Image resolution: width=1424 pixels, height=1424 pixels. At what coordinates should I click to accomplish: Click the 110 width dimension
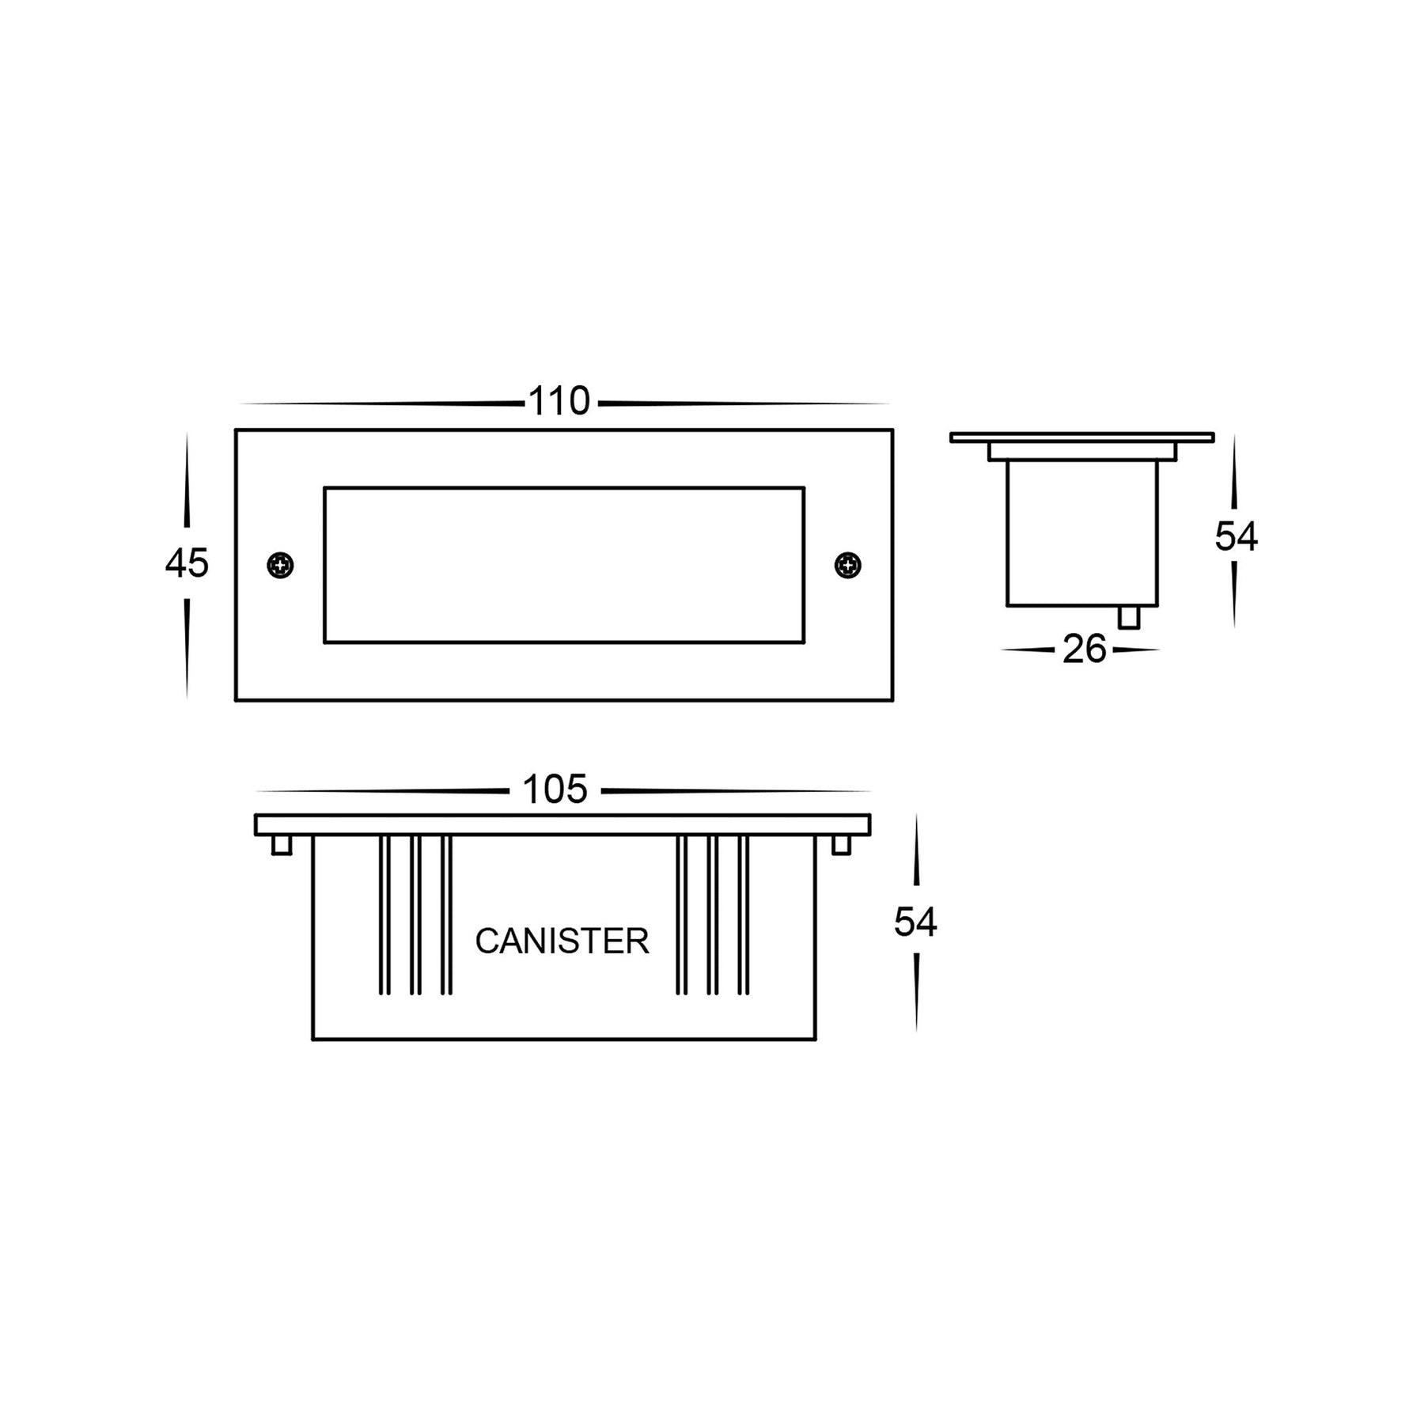tap(559, 402)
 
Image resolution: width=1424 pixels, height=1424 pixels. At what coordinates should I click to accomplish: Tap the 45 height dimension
tap(187, 563)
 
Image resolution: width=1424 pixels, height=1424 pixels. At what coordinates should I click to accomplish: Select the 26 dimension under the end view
tap(1084, 650)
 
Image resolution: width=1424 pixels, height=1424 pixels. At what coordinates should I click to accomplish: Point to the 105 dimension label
tap(555, 790)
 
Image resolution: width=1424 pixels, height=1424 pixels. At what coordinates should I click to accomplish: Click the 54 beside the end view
tap(1236, 538)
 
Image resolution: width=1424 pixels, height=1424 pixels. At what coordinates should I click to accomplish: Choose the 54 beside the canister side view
tap(915, 922)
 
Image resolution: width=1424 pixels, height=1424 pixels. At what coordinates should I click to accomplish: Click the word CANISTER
tap(562, 941)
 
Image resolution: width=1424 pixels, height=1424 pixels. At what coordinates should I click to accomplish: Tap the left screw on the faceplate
tap(280, 565)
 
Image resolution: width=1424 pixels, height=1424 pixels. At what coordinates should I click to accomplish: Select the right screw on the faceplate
tap(848, 565)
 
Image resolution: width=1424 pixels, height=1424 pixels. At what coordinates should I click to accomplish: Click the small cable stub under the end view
tap(1129, 617)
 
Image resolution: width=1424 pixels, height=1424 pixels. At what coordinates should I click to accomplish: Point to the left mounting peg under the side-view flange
tap(282, 845)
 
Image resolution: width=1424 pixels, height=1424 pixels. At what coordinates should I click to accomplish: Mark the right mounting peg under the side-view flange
tap(842, 845)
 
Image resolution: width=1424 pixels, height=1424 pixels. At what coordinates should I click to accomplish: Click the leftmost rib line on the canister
tap(384, 914)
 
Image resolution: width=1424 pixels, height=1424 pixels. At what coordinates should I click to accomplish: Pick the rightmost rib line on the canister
tap(743, 914)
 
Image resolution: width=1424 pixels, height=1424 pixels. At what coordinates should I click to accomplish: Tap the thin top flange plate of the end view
tap(1081, 437)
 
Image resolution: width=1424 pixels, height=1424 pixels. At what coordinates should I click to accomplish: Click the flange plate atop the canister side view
tap(562, 824)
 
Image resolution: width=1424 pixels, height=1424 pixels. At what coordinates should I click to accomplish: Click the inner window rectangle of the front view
tap(563, 565)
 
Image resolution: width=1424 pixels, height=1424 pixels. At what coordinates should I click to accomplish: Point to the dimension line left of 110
tap(380, 403)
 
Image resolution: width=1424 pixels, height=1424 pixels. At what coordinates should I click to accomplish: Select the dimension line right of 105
tap(736, 790)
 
